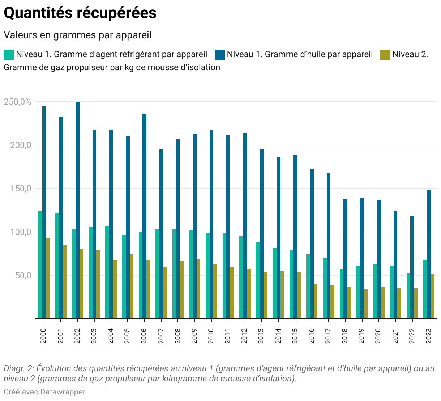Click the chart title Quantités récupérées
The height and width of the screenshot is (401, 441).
pos(80,13)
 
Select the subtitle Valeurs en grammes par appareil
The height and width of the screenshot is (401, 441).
pos(77,35)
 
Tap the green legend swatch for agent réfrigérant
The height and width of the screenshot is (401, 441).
pos(9,55)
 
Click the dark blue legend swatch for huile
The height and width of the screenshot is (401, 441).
pos(220,55)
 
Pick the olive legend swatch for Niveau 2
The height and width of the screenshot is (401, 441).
pos(385,55)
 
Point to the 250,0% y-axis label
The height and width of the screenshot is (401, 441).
pos(18,102)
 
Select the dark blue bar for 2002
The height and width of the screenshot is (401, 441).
pos(77,210)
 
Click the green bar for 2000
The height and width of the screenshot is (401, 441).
pos(40,265)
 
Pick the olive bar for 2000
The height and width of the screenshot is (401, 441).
pos(48,278)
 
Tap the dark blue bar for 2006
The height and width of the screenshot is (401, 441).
pos(144,216)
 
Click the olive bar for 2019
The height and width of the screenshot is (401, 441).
pos(366,304)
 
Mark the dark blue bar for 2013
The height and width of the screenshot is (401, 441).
pos(261,234)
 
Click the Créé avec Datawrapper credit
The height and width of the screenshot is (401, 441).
pos(44,392)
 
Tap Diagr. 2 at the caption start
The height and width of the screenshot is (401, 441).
pos(18,369)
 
